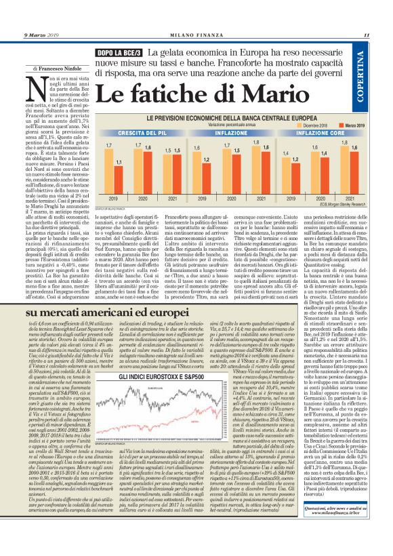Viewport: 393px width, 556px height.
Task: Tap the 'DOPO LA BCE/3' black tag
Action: [119, 52]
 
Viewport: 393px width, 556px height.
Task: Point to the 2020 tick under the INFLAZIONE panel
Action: [228, 199]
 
